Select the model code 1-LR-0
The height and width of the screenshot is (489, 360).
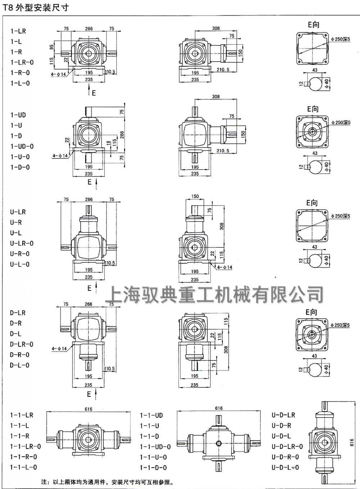tap(22, 62)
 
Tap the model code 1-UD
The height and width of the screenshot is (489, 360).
tap(18, 115)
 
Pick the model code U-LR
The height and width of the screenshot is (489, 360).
tap(18, 212)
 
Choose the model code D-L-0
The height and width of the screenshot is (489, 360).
tap(19, 365)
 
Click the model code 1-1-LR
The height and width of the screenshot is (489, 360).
tap(22, 415)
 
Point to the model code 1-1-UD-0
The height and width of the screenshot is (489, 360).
tap(155, 447)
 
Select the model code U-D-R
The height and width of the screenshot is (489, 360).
tap(282, 426)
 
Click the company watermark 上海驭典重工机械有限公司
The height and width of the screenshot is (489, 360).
tap(215, 295)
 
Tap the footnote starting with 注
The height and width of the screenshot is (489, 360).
tap(108, 482)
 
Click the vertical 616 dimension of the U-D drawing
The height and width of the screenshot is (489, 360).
tap(352, 443)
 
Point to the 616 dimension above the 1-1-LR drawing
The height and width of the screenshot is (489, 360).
tap(89, 409)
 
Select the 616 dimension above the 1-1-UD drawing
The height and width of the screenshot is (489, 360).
tap(219, 408)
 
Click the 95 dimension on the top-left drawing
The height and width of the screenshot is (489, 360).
tap(51, 47)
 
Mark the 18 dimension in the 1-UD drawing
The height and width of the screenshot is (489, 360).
tap(108, 143)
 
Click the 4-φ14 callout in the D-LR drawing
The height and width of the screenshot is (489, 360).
tap(59, 349)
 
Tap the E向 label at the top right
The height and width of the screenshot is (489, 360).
tap(313, 24)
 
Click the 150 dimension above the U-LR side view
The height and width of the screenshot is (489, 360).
tap(195, 197)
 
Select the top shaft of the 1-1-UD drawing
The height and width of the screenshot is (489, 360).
tap(219, 420)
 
